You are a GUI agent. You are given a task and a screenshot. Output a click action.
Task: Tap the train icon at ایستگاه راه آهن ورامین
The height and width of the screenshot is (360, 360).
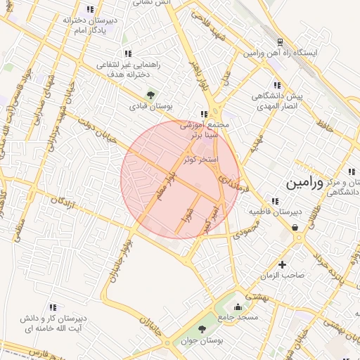point(280,42)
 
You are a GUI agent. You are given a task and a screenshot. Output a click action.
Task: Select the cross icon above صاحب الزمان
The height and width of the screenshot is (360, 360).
point(283,264)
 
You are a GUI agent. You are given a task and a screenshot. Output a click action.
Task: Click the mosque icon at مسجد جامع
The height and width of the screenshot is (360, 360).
point(238,307)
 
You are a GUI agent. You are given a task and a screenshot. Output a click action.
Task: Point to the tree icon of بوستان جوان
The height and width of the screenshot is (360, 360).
point(202,328)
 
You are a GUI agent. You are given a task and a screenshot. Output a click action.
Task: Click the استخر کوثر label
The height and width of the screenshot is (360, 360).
point(201,160)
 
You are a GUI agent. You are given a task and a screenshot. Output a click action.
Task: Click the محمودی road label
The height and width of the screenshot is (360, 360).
point(247,229)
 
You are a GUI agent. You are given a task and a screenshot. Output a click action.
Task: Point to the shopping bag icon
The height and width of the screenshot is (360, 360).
point(295,226)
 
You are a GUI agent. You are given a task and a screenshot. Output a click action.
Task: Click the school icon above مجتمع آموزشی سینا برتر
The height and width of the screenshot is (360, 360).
point(204,113)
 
